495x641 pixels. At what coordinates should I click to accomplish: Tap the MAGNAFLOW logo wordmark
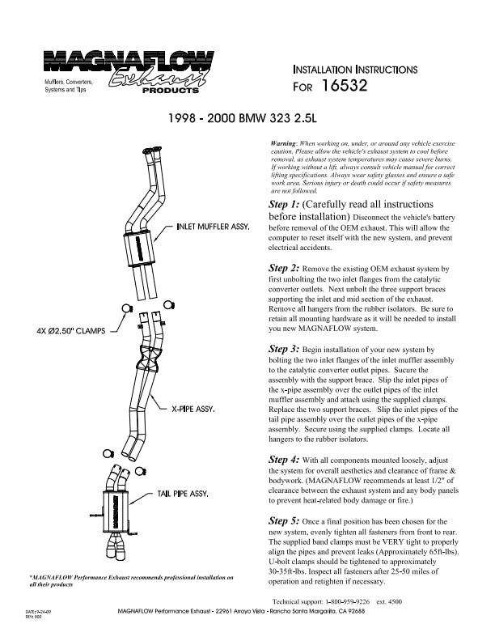(x=129, y=62)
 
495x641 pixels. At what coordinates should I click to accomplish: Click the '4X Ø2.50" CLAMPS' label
(x=73, y=331)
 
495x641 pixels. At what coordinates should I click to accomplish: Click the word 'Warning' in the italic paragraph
(x=286, y=143)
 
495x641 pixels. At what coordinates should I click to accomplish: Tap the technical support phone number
(x=353, y=602)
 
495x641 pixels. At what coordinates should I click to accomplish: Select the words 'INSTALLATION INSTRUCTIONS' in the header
(x=354, y=70)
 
